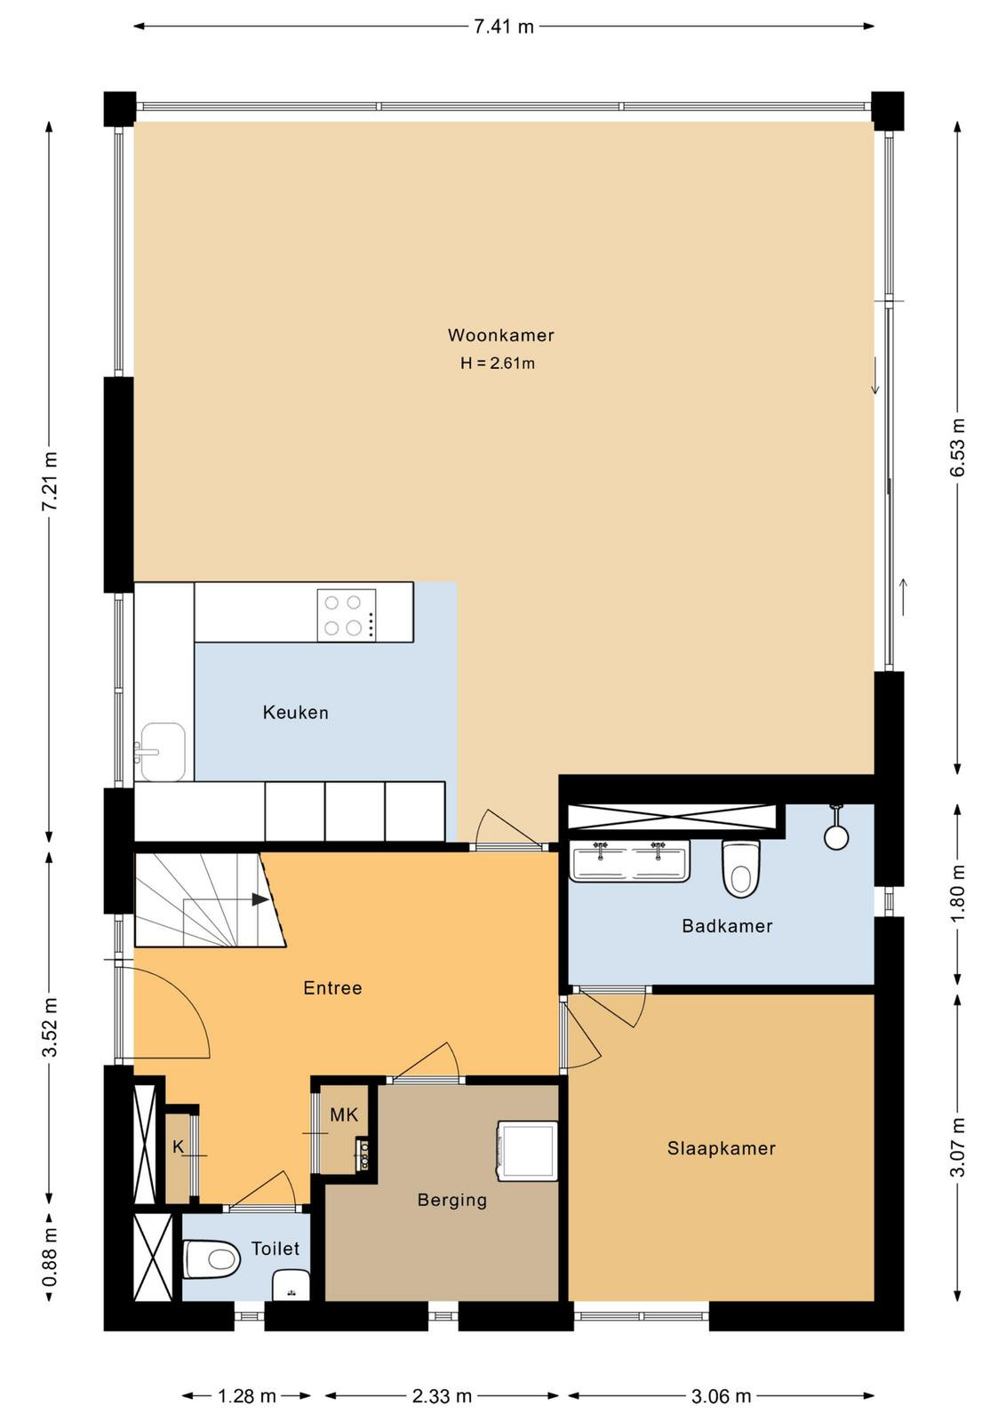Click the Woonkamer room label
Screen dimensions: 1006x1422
(501, 335)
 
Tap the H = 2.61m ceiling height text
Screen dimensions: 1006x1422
(498, 363)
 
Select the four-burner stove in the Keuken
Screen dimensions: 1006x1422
(347, 614)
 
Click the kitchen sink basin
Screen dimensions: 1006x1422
(164, 752)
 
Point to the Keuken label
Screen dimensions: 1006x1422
(296, 712)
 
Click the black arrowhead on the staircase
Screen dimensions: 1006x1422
(259, 899)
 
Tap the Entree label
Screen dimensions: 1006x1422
(332, 987)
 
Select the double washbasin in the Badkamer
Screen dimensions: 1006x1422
(629, 861)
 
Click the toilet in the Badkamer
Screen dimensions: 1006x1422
(741, 868)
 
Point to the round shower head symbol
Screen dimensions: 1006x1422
(836, 836)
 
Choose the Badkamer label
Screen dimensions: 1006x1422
(727, 925)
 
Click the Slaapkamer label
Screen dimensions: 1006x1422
(721, 1148)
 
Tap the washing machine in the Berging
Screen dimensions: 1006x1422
(527, 1151)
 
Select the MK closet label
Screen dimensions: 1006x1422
(344, 1114)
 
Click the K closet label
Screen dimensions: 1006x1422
(179, 1146)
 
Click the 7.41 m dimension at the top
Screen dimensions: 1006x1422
(504, 26)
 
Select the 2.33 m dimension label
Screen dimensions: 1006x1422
(442, 1391)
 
